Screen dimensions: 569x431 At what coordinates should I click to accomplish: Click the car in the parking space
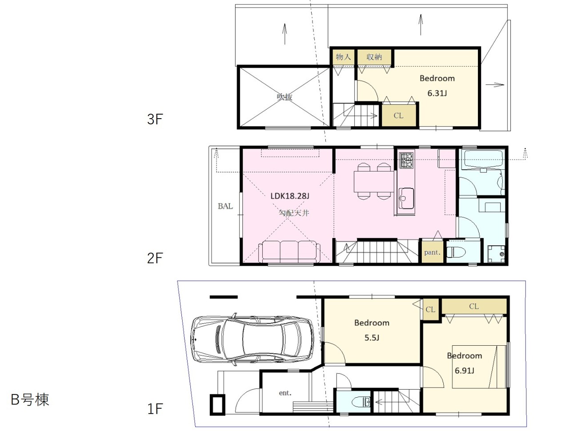pyautogui.click(x=252, y=339)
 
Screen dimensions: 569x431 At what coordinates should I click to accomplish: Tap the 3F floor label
pyautogui.click(x=155, y=119)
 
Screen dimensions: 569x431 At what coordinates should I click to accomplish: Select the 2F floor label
pyautogui.click(x=155, y=258)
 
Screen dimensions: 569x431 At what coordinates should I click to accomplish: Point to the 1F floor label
pyautogui.click(x=155, y=409)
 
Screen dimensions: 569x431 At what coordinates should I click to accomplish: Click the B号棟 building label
pyautogui.click(x=30, y=399)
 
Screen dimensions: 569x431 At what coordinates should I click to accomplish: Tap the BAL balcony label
pyautogui.click(x=225, y=206)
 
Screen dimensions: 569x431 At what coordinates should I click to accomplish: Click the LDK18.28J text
pyautogui.click(x=290, y=196)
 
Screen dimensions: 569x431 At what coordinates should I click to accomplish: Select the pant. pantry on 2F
pyautogui.click(x=432, y=252)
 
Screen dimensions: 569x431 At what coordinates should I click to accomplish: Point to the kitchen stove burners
pyautogui.click(x=406, y=160)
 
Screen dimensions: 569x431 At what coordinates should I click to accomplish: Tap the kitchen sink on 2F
pyautogui.click(x=406, y=199)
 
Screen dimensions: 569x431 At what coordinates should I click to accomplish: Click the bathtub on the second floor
pyautogui.click(x=484, y=160)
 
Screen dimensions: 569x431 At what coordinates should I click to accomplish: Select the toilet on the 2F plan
pyautogui.click(x=458, y=252)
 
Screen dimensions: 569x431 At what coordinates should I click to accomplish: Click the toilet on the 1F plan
pyautogui.click(x=361, y=402)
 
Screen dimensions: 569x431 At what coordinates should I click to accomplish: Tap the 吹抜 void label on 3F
pyautogui.click(x=284, y=97)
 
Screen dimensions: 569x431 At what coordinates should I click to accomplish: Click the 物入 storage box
pyautogui.click(x=343, y=57)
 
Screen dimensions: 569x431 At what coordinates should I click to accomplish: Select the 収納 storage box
pyautogui.click(x=374, y=57)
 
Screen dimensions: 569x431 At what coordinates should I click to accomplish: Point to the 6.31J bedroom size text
pyautogui.click(x=437, y=93)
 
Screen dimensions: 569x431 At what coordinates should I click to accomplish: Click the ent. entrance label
pyautogui.click(x=285, y=393)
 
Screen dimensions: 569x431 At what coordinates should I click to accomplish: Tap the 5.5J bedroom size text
pyautogui.click(x=372, y=338)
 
